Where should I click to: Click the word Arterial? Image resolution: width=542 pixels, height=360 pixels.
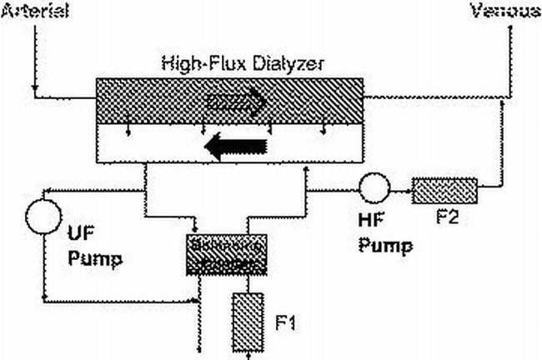35,11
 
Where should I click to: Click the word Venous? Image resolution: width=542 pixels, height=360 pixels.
505,11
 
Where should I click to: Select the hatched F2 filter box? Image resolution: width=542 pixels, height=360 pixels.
444,191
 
